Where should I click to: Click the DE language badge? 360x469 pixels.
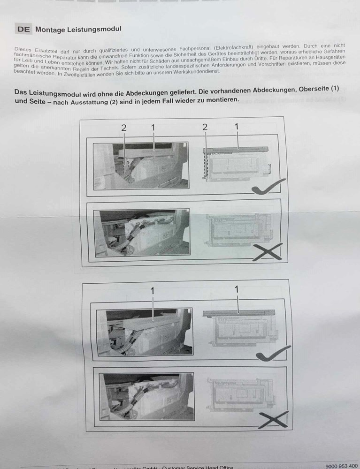pyautogui.click(x=23, y=29)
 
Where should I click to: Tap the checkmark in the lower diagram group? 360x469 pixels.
pyautogui.click(x=273, y=354)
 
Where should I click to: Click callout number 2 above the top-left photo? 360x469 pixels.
pyautogui.click(x=124, y=128)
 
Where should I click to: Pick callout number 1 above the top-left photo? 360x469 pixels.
pyautogui.click(x=153, y=127)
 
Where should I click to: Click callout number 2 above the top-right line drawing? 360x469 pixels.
pyautogui.click(x=205, y=127)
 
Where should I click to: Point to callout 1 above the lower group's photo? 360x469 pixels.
pyautogui.click(x=153, y=291)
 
